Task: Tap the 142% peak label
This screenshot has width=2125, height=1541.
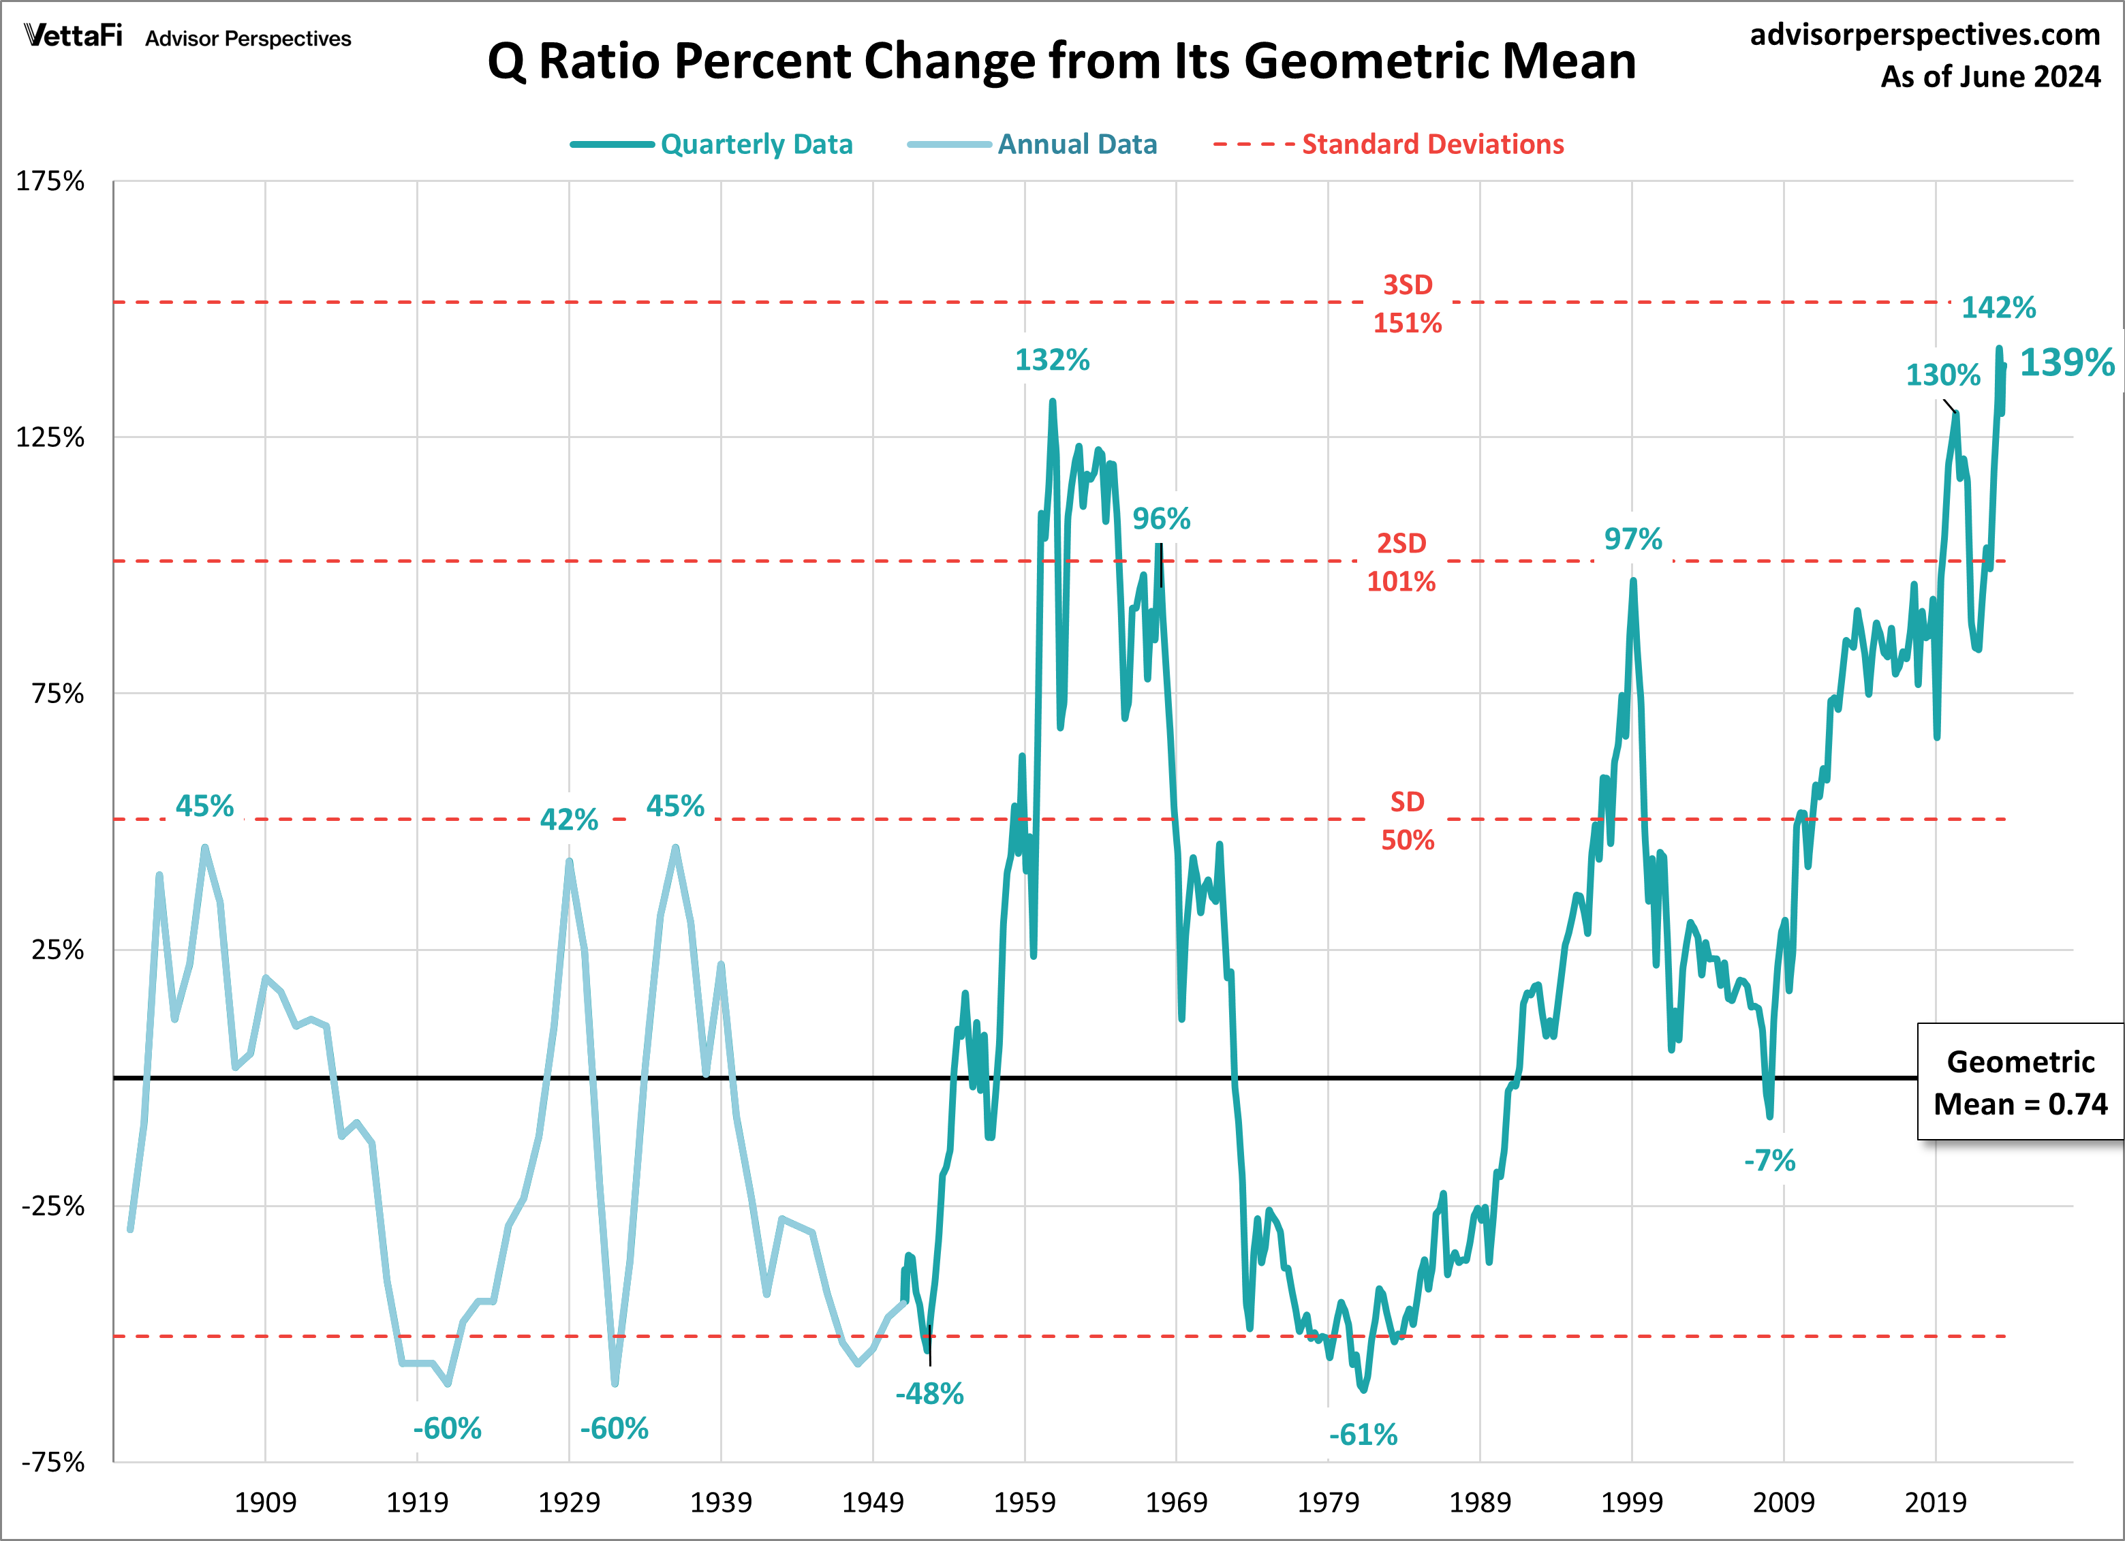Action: click(x=1998, y=307)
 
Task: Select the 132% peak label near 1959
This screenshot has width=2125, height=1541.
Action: click(x=1051, y=360)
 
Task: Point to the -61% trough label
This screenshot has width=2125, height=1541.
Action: click(x=1363, y=1434)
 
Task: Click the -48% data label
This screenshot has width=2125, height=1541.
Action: click(x=929, y=1394)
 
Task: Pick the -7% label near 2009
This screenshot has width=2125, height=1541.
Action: click(x=1769, y=1161)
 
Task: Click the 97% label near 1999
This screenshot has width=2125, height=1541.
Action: click(x=1632, y=539)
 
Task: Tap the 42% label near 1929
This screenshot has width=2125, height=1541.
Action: click(x=569, y=820)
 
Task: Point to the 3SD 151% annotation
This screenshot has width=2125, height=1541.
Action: click(x=1408, y=304)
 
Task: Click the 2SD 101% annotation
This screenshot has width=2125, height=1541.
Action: click(x=1401, y=562)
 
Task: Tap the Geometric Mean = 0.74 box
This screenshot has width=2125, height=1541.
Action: click(x=2019, y=1082)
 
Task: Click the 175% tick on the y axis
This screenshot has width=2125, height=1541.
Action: click(x=50, y=181)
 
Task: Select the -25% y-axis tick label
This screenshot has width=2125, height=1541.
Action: click(x=52, y=1206)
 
